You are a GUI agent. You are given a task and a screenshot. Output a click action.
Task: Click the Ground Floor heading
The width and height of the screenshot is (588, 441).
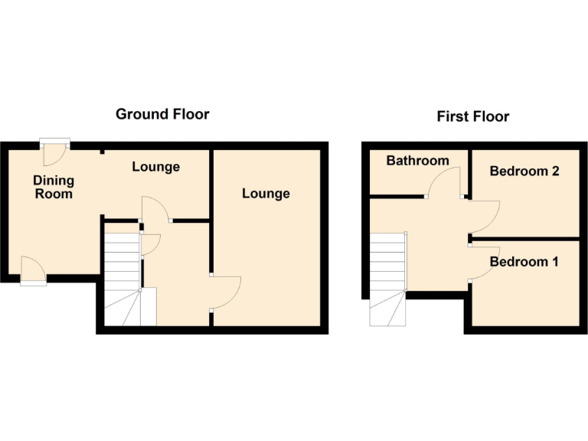coord(162,114)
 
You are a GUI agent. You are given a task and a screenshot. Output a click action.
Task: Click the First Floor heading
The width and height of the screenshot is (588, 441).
coord(472,116)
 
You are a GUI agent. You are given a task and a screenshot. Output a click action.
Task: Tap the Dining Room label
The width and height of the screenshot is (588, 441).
coord(54,187)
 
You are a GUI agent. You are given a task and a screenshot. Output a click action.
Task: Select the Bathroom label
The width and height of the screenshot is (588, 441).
coord(417,161)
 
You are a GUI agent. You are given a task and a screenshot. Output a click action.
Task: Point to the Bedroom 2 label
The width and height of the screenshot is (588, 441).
coord(524,171)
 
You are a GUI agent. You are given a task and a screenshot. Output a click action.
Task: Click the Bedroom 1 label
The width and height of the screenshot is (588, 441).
coord(524,262)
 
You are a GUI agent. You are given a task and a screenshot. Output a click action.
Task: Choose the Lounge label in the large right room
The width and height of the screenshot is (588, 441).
coord(266,193)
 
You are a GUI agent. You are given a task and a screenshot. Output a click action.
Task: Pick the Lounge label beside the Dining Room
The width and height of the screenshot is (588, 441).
coord(155,166)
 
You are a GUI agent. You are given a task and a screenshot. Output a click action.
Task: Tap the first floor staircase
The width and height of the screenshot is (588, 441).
coord(389,279)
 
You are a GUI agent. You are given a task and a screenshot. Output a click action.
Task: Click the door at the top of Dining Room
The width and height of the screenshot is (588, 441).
coord(55,152)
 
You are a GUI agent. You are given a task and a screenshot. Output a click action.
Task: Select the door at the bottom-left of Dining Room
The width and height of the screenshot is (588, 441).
coord(33,271)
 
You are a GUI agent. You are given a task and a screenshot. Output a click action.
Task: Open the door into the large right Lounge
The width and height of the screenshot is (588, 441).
coord(227,291)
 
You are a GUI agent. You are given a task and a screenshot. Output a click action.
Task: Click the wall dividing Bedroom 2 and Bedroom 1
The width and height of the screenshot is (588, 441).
coord(525,238)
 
